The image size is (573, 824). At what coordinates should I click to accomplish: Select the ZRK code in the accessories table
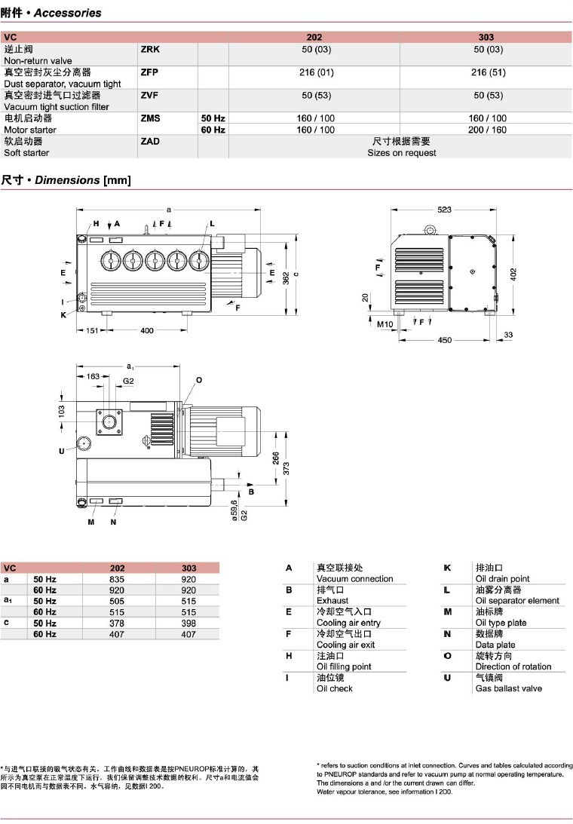[x=151, y=49]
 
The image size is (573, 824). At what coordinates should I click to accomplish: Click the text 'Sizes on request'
[x=401, y=153]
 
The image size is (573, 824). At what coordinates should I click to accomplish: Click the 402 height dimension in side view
[x=513, y=272]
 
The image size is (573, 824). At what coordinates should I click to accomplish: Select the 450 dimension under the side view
[x=444, y=340]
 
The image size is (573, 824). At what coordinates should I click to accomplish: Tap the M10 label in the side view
[x=385, y=325]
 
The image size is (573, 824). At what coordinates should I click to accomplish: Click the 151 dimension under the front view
[x=90, y=331]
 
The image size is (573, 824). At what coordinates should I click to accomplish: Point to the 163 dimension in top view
[x=93, y=376]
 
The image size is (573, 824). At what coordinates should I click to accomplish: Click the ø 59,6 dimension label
[x=234, y=510]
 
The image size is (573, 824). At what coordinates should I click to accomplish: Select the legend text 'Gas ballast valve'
[x=508, y=688]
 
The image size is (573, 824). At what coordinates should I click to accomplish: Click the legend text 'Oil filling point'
[x=344, y=666]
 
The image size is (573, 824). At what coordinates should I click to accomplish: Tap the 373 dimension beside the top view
[x=285, y=468]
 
